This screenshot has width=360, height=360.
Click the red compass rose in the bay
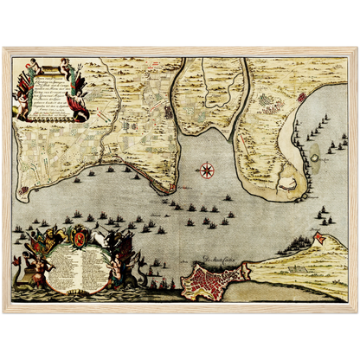pyautogui.click(x=207, y=170)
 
